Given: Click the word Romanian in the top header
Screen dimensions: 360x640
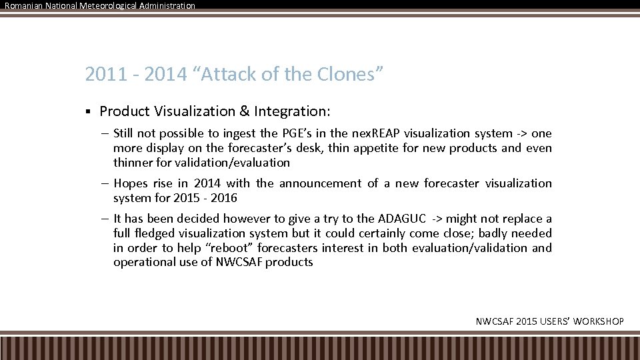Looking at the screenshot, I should (23, 5).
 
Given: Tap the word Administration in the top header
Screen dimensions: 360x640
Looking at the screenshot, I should (167, 5).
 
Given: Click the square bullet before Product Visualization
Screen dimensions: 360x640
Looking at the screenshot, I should (88, 111).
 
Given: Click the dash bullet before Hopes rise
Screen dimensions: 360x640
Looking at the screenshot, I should (106, 183).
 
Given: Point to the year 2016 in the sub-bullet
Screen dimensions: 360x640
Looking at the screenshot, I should (224, 198).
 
